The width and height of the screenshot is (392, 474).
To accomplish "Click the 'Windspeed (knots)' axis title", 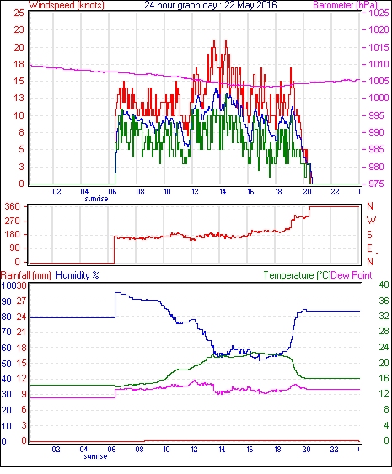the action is point(67,5).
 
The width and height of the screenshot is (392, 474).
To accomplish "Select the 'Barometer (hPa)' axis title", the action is point(345,5).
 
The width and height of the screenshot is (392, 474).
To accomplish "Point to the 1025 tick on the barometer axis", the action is point(379,13).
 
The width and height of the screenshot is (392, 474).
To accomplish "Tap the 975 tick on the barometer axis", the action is point(376,184).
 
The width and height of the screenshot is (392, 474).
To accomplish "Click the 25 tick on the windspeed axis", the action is point(19,13).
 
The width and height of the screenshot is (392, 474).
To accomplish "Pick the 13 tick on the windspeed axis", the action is point(19,98).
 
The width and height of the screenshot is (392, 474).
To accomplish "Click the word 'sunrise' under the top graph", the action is point(96,199).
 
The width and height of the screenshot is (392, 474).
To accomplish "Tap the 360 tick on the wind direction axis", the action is point(13,207).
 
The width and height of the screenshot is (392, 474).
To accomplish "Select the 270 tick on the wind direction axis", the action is point(13,221).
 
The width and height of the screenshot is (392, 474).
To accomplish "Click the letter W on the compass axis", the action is point(371,221).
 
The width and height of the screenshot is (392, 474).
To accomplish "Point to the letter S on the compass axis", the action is point(369,234).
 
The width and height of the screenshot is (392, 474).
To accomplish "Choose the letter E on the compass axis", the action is point(369,248).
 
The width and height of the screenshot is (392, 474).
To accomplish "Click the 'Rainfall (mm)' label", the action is point(26,275).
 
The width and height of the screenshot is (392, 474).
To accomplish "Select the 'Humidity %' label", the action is point(78,275).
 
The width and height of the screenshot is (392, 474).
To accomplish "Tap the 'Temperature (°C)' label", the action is point(297,275).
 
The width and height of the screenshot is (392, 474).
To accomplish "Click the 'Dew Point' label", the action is point(352,275).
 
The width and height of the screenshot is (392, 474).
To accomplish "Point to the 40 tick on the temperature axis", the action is point(384,285).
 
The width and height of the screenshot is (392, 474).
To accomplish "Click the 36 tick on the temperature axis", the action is point(384,301).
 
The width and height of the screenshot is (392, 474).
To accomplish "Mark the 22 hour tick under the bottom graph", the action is point(334,450).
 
